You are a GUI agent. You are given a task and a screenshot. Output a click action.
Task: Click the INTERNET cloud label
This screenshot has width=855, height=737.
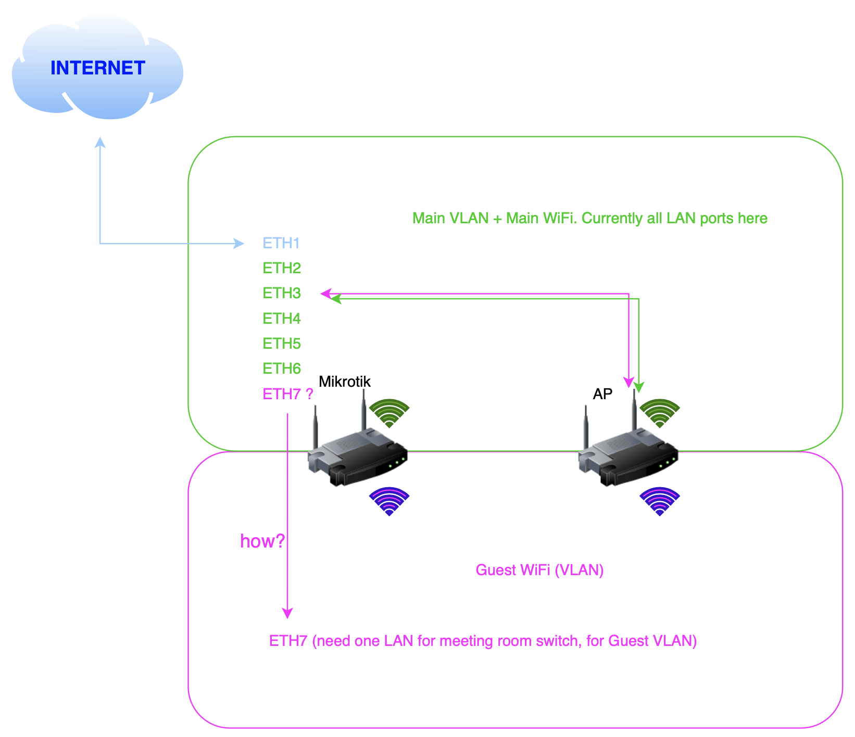[x=97, y=68]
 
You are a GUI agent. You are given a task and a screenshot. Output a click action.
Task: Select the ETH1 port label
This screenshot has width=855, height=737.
[x=281, y=243]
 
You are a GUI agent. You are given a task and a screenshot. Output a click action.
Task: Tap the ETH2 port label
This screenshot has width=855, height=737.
[x=282, y=268]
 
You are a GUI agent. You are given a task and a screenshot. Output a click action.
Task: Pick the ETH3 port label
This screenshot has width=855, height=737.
[x=282, y=293]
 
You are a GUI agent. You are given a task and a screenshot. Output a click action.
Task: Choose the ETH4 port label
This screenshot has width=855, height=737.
[x=282, y=318]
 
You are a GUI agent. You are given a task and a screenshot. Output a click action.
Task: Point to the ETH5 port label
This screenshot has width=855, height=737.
[x=282, y=344]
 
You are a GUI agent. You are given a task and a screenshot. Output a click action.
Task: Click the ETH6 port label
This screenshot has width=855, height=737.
[x=282, y=368]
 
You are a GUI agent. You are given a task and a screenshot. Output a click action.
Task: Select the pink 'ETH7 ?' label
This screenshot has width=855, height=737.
[x=287, y=394]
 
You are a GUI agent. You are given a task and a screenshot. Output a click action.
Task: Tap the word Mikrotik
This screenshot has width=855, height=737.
[x=344, y=382]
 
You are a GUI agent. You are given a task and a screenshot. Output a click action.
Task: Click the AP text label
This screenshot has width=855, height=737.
[x=602, y=394]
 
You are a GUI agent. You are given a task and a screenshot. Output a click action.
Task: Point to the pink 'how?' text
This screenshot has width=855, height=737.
[x=262, y=541]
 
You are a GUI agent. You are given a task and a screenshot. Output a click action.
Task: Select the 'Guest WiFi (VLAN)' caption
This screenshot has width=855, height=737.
[x=539, y=570]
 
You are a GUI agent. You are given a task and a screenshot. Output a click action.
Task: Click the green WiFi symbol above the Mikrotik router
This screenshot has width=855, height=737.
[x=389, y=413]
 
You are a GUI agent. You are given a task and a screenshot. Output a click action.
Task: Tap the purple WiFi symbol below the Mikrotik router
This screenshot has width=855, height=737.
[x=389, y=501]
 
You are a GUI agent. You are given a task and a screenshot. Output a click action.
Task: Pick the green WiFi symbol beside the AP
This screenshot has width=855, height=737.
[x=660, y=413]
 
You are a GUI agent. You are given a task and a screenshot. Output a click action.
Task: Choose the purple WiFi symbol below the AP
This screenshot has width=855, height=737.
[x=660, y=501]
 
